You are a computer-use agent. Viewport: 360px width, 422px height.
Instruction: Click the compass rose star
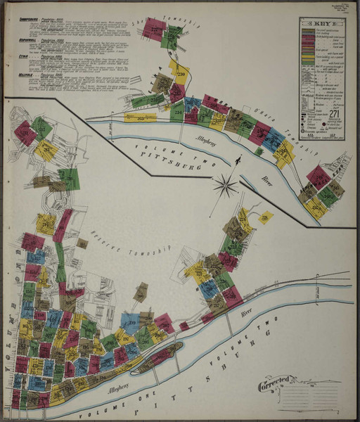click(x=225, y=186)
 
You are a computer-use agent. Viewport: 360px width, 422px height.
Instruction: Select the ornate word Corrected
click(x=274, y=385)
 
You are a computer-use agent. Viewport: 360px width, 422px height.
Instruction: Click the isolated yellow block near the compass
click(x=266, y=218)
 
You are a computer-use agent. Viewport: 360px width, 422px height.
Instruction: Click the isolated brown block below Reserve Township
click(x=141, y=290)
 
